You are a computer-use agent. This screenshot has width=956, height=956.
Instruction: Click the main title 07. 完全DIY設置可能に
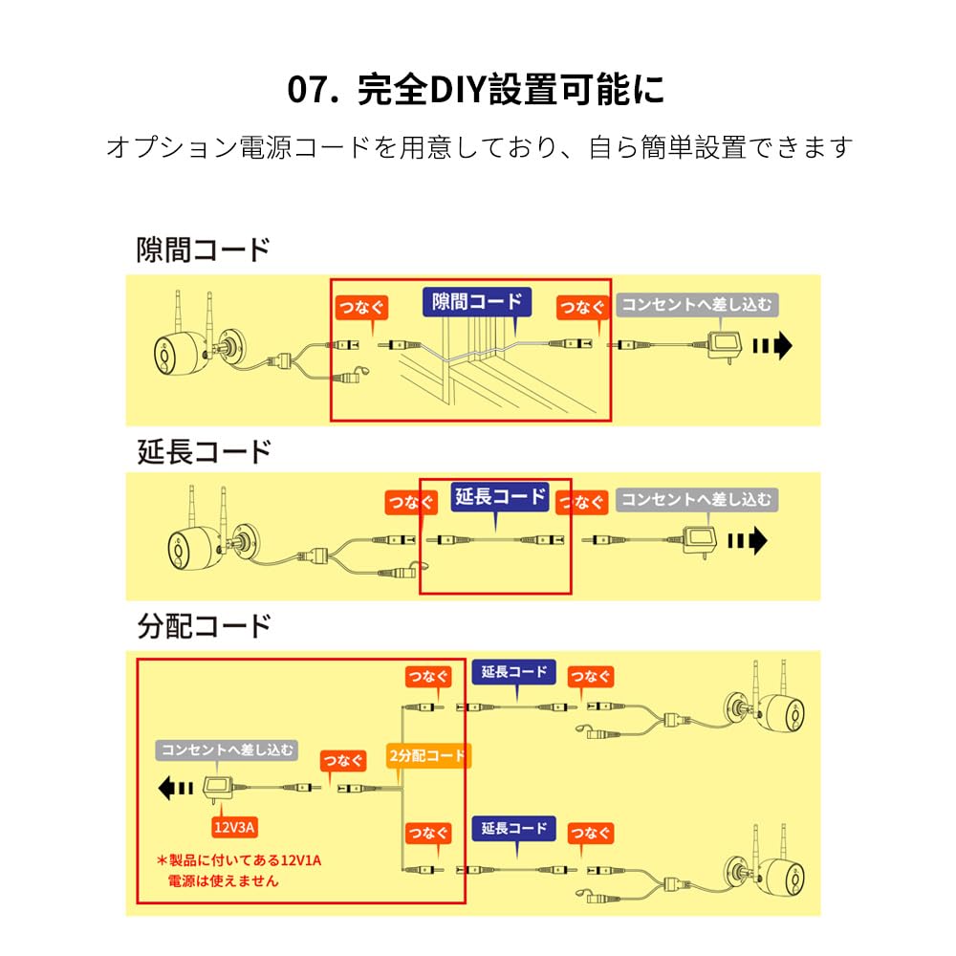(475, 90)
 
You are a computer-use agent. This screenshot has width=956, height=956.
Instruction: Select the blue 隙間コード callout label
(477, 302)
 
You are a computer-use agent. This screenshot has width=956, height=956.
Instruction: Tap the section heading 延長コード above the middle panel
(204, 452)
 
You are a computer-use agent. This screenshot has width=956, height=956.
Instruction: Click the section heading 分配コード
(204, 626)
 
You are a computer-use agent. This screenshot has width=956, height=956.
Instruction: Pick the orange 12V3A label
(234, 827)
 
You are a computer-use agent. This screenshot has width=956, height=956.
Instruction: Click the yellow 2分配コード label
(427, 756)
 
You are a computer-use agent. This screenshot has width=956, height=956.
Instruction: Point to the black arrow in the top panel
(772, 346)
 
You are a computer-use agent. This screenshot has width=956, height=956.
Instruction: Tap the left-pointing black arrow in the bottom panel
(176, 789)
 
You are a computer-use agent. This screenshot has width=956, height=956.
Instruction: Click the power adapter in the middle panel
(700, 537)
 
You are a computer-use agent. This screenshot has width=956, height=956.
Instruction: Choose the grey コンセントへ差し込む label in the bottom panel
(227, 750)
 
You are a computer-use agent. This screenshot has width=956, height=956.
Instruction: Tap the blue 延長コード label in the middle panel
(500, 496)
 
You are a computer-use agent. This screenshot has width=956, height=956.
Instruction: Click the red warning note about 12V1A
(238, 871)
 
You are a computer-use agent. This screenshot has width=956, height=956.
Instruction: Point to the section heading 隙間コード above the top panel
(204, 250)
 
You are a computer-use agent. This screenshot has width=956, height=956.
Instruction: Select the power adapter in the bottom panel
(218, 791)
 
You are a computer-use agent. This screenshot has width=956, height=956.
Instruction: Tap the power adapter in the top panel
(725, 346)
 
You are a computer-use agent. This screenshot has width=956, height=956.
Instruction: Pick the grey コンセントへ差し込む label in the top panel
(697, 305)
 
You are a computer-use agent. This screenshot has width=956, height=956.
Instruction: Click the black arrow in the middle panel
(748, 540)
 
